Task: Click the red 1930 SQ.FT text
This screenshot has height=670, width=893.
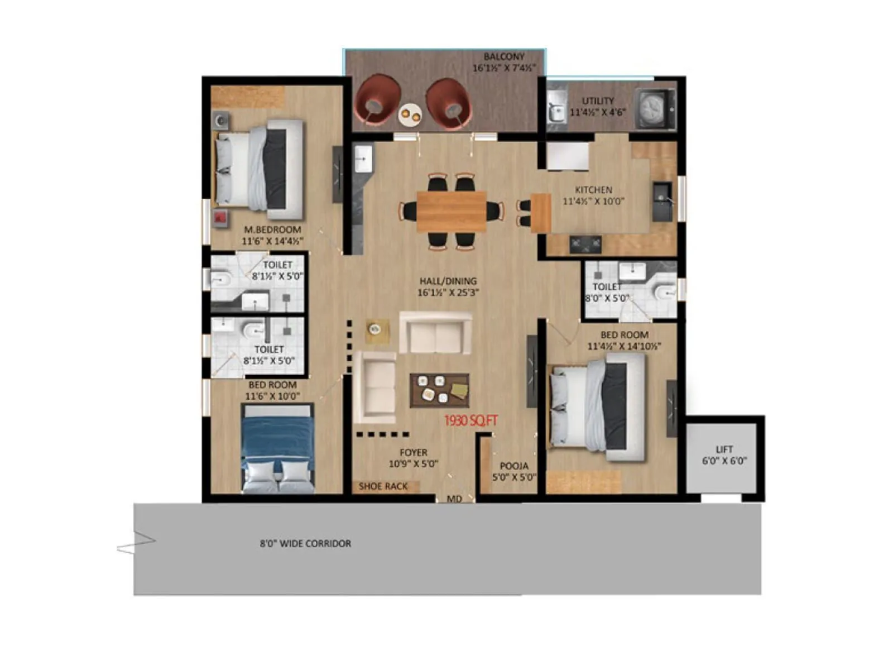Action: [470, 421]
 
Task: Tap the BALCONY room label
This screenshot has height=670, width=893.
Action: [504, 56]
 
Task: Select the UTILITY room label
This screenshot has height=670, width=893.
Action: [598, 101]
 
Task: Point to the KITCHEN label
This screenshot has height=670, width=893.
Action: [593, 190]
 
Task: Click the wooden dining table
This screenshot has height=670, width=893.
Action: [452, 211]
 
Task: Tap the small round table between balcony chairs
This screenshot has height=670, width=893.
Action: [410, 114]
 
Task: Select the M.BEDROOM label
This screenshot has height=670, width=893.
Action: [272, 229]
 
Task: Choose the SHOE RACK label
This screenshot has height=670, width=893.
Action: [383, 486]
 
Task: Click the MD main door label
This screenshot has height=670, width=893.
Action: [454, 499]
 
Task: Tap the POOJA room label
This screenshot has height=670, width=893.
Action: [513, 466]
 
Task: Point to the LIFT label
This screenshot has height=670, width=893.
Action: [724, 449]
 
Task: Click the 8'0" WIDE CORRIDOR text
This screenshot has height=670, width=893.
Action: [305, 543]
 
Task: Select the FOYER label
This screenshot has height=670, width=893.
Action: [413, 452]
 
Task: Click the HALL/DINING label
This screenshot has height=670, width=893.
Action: [448, 281]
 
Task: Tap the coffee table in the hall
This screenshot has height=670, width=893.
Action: [439, 390]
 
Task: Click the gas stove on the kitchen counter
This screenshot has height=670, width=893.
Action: [585, 244]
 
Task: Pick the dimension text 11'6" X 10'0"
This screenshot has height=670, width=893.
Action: [272, 396]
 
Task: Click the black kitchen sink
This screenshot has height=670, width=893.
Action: [662, 196]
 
